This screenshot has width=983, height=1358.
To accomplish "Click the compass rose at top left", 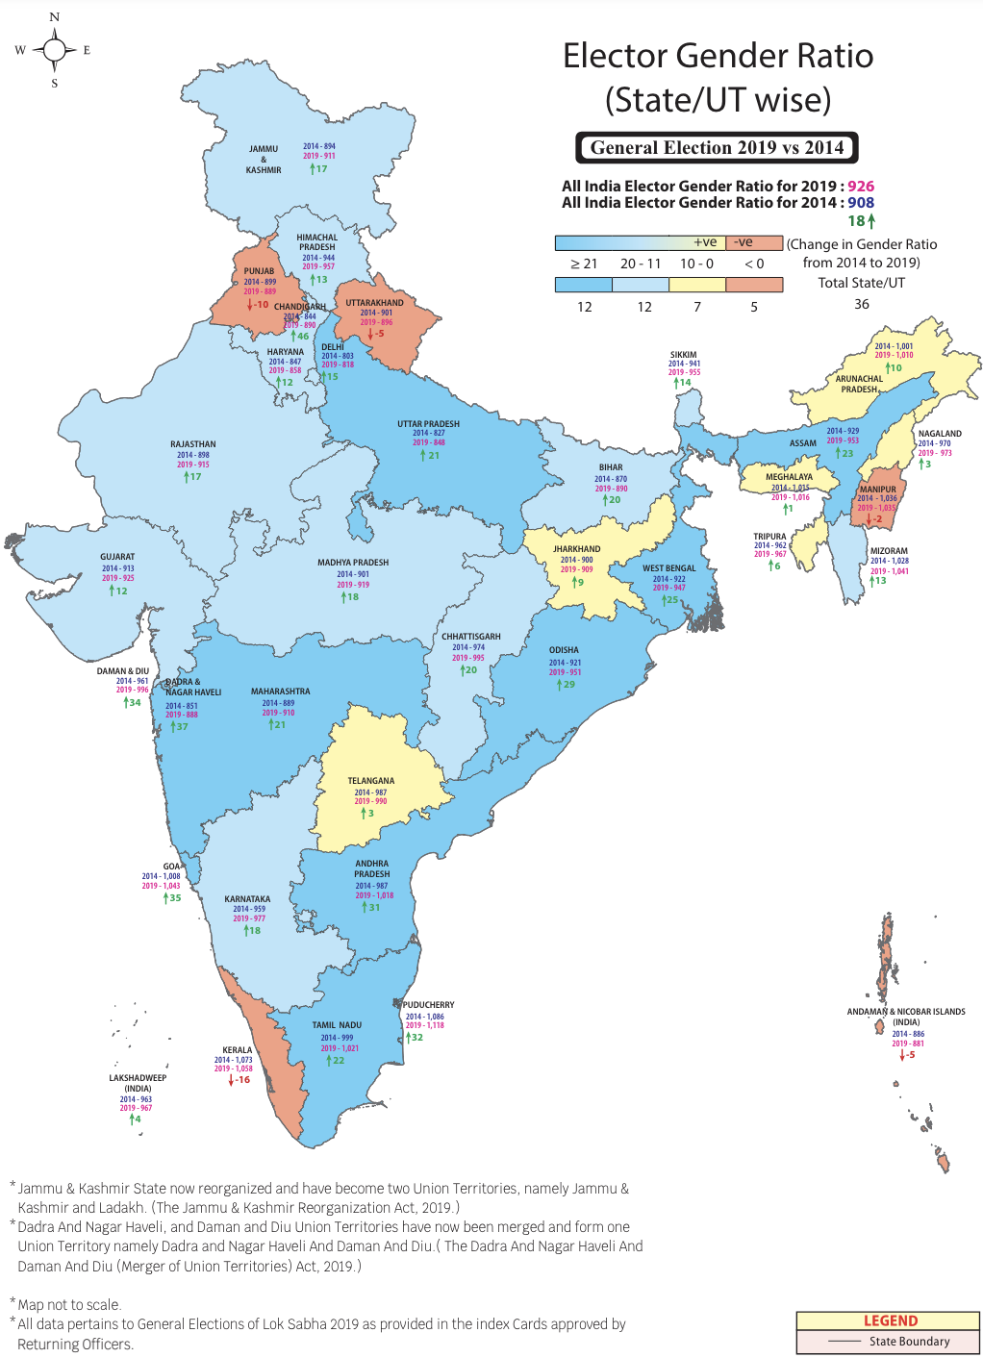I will (x=54, y=50).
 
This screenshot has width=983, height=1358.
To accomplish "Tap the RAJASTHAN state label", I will (x=192, y=444).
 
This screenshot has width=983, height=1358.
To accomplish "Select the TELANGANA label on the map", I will (x=370, y=781).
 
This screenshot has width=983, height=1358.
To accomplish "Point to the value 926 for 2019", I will (x=861, y=187).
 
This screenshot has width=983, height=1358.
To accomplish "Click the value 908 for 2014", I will (x=861, y=203).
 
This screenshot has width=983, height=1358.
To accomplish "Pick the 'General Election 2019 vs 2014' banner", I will (x=717, y=148).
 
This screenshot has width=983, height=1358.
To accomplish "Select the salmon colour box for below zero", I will (x=754, y=285).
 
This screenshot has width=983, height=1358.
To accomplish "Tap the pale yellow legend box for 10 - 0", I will (x=696, y=285).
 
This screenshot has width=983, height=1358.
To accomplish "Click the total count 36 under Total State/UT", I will (x=862, y=304).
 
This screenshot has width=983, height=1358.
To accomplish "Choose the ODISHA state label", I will (x=564, y=650).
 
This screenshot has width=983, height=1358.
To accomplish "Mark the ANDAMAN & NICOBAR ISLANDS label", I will (x=905, y=1012).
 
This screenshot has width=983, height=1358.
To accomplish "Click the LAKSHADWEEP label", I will (x=138, y=1078).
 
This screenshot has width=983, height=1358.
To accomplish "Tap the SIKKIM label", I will (x=683, y=355).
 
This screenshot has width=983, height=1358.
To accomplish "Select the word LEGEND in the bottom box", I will (x=890, y=1320).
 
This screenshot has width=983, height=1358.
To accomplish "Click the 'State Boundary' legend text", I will (x=909, y=1342).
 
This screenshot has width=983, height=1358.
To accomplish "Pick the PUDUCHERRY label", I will (x=429, y=1005).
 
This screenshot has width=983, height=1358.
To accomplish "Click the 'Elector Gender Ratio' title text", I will (x=718, y=56).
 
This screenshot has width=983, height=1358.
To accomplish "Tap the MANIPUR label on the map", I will (x=877, y=490).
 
